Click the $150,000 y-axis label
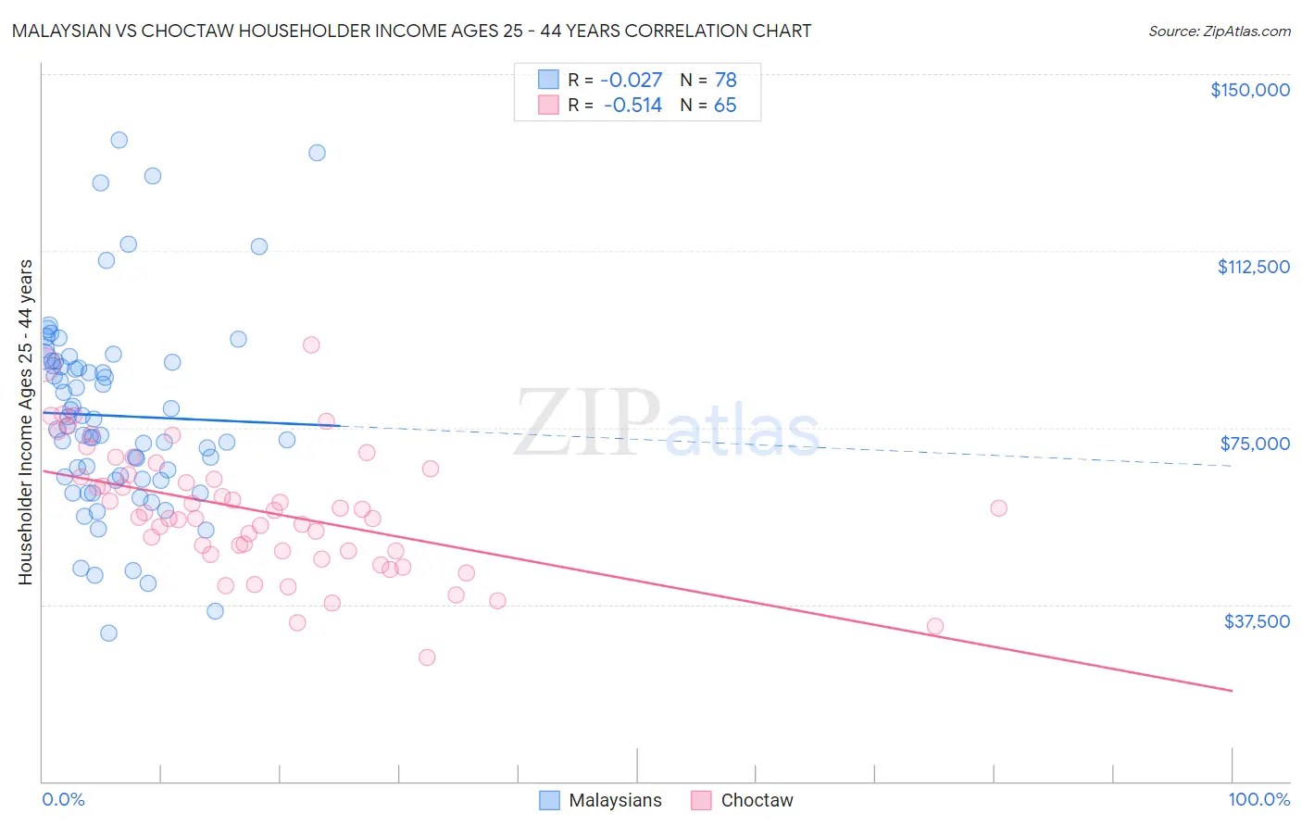pos(1249,90)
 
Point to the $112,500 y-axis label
pos(1253,267)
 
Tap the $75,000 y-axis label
pos(1255,444)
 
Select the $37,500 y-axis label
pos(1257,621)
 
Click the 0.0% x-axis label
pos(63,799)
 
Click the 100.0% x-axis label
pos(1258,799)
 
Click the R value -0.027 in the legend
pos(632,80)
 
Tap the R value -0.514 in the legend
pos(632,106)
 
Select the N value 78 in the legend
pos(725,80)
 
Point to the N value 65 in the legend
pos(725,106)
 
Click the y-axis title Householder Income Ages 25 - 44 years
pos(25,422)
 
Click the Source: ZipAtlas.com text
pos(1219,31)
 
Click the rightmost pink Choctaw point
pos(998,507)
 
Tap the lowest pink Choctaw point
pos(427,657)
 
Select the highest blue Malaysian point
pos(119,140)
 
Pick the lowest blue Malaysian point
pos(108,633)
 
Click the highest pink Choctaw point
pos(311,344)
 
